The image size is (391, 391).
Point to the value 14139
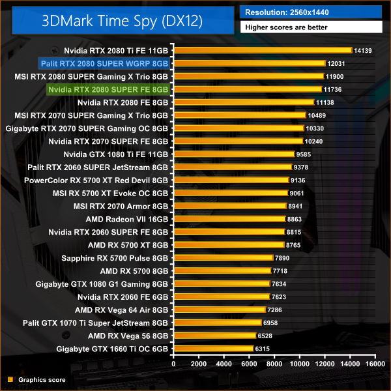pos(362,50)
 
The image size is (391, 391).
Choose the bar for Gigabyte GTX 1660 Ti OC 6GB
pos(212,349)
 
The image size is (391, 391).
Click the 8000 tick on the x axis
pos(274,364)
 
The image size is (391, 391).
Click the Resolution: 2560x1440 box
pos(310,12)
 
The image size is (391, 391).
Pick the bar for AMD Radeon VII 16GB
pos(228,220)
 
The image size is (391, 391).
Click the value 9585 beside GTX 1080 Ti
pos(305,154)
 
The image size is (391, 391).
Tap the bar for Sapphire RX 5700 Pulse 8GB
pos(222,258)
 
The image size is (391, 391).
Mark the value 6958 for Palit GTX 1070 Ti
pos(272,323)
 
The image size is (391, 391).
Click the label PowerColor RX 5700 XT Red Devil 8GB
pos(96,181)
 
